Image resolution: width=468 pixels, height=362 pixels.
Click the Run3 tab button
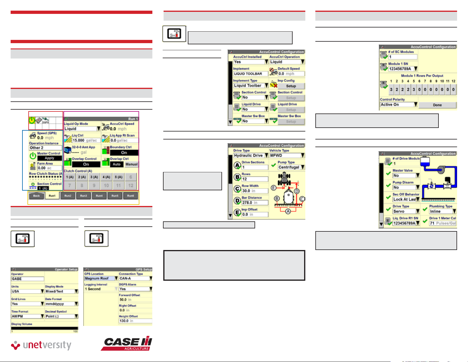(84, 196)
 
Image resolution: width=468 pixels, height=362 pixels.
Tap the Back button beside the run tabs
(36, 196)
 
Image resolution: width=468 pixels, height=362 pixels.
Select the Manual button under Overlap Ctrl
(131, 164)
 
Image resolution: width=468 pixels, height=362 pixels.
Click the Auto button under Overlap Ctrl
(117, 164)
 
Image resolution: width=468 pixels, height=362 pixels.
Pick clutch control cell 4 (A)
(106, 177)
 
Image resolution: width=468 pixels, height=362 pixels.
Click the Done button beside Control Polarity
(437, 105)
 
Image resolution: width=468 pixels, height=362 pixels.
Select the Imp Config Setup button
(291, 86)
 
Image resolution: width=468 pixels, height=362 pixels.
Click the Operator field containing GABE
(27, 279)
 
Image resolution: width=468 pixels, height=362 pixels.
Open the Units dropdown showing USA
(27, 291)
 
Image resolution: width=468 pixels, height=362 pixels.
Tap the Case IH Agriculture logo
(127, 344)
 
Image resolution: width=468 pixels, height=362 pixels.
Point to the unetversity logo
(41, 345)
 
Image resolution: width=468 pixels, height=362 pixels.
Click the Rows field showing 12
(255, 179)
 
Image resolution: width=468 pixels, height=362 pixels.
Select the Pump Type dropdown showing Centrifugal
(291, 167)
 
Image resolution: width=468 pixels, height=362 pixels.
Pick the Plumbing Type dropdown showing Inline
(442, 211)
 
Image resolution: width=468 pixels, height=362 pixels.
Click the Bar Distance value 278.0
(255, 203)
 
